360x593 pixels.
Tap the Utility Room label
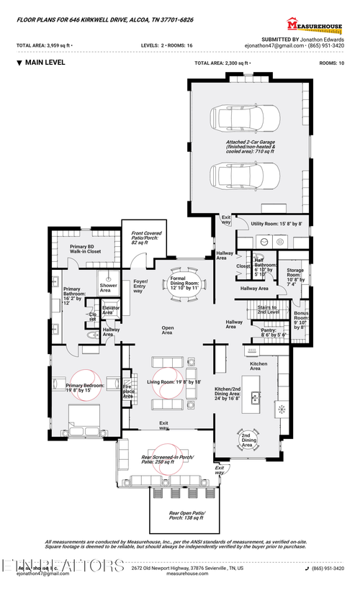click(x=276, y=224)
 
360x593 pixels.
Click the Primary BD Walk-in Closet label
click(x=85, y=250)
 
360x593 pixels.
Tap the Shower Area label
click(x=109, y=288)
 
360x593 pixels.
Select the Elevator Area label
click(x=111, y=310)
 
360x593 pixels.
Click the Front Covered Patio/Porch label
click(x=146, y=238)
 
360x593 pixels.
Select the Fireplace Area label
click(x=128, y=391)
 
